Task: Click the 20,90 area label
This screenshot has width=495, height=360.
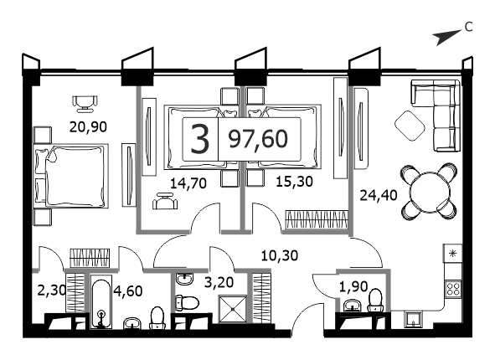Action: [x=88, y=126]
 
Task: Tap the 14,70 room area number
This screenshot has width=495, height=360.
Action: [x=188, y=183]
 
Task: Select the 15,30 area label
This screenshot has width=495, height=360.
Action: [x=294, y=182]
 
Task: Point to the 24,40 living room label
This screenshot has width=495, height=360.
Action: [x=379, y=195]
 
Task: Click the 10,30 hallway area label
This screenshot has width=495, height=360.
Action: [x=280, y=255]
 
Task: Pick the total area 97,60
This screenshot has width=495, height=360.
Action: [x=258, y=139]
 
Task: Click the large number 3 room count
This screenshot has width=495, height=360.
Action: [x=200, y=139]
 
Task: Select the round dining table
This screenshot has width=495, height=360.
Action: [x=430, y=192]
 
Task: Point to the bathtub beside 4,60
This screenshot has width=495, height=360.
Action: [x=101, y=302]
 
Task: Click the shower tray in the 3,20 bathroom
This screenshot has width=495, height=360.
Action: [x=233, y=309]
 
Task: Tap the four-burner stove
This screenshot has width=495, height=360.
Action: [x=453, y=288]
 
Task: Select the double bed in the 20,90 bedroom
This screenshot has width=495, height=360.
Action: [x=71, y=176]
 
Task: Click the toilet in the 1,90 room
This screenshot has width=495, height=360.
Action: [x=375, y=300]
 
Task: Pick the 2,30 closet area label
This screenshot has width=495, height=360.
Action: [x=51, y=290]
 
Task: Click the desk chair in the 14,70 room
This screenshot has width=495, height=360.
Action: [x=165, y=201]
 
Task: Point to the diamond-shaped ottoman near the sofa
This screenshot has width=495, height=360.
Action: [x=410, y=126]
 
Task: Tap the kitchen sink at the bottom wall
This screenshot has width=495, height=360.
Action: [x=413, y=319]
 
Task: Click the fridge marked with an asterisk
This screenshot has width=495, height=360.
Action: [x=453, y=253]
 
